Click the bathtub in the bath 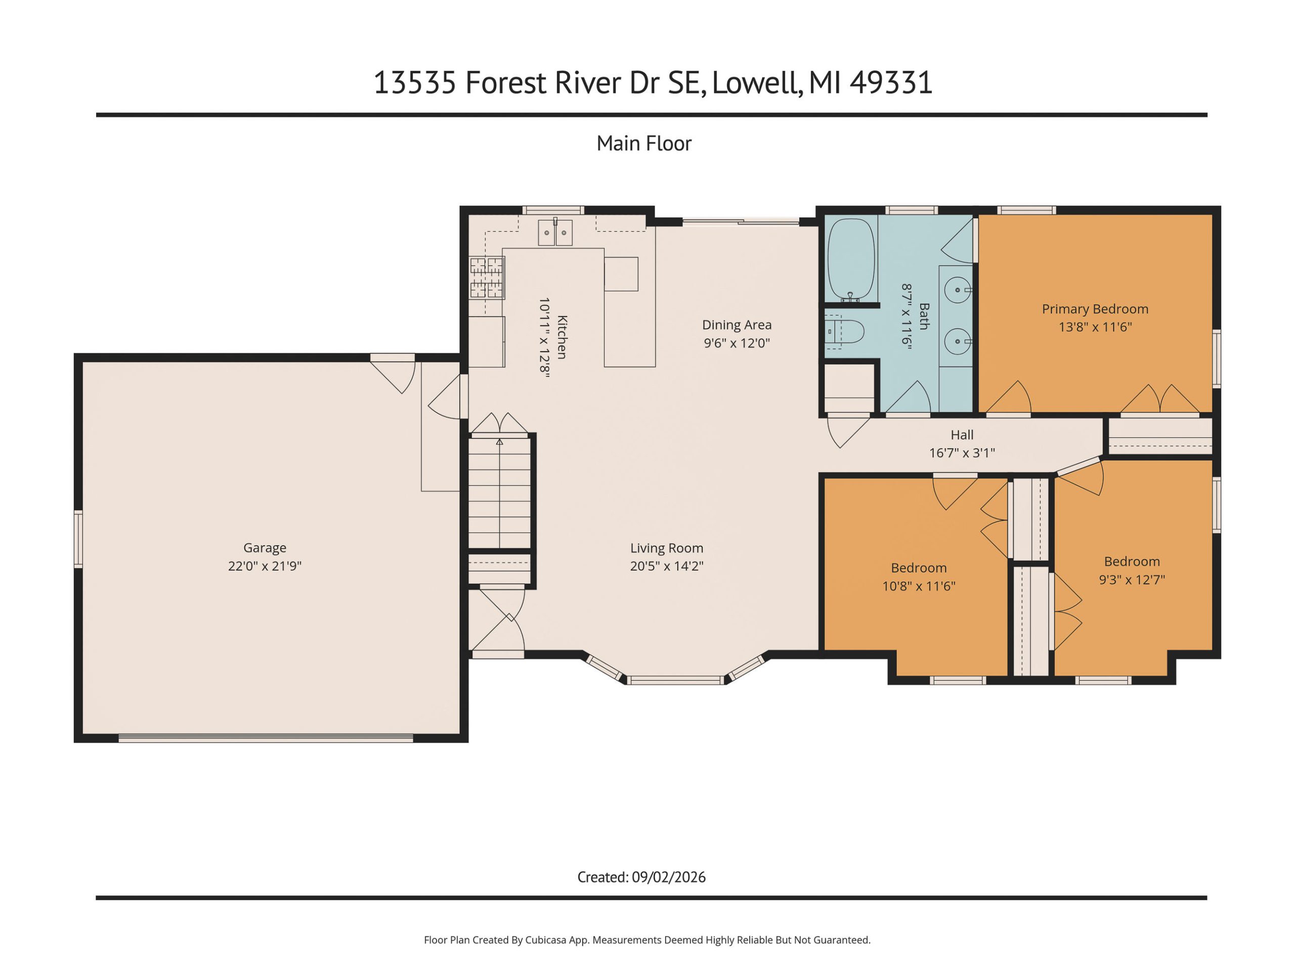(x=851, y=260)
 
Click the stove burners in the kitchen (x=487, y=278)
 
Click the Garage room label (x=265, y=548)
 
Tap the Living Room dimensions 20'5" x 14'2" (x=667, y=566)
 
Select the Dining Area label (x=737, y=325)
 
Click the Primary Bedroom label (x=1095, y=309)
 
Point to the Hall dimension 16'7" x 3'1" (x=962, y=453)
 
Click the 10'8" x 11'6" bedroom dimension (x=919, y=586)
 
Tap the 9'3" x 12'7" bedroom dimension (x=1132, y=580)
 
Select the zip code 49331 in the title (x=891, y=82)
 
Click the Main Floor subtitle (x=644, y=144)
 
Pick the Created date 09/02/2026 (x=669, y=877)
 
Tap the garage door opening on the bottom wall (x=266, y=738)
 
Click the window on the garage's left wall (x=78, y=539)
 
